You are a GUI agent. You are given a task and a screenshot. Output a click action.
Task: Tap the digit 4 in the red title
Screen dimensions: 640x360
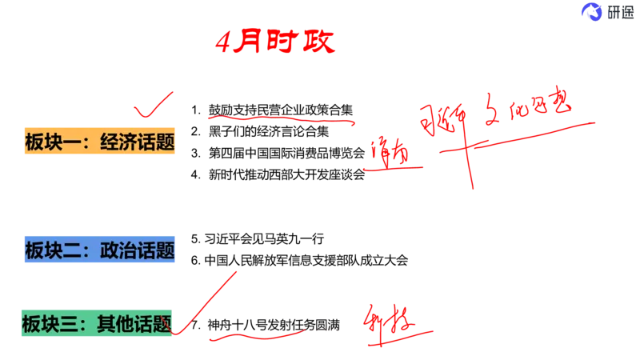(224, 44)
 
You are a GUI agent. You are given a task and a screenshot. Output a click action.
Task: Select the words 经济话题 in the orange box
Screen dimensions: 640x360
(137, 143)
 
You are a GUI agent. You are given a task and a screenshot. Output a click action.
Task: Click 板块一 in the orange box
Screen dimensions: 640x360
(52, 143)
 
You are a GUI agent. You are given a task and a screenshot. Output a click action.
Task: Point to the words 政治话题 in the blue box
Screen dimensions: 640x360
(137, 250)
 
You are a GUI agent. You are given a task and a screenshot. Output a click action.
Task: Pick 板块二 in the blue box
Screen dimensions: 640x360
(52, 250)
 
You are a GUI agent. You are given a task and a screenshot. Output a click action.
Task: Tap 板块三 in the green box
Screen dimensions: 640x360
(50, 324)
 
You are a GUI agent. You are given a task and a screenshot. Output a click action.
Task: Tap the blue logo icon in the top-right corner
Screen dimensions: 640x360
(593, 11)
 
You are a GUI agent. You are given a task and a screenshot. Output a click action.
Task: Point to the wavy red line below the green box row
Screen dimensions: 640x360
(256, 336)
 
